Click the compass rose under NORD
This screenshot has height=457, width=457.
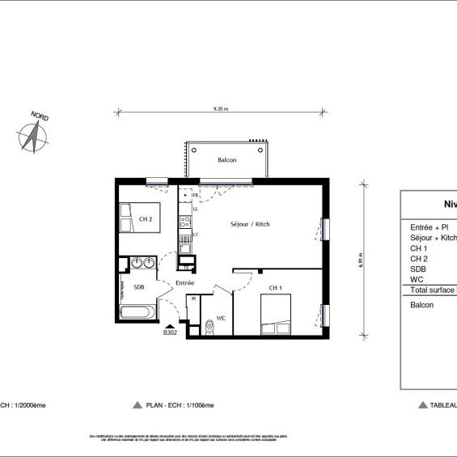(33, 138)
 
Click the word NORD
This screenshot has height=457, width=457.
(39, 117)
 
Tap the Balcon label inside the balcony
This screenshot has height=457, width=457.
(226, 161)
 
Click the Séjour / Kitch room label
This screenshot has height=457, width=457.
(250, 224)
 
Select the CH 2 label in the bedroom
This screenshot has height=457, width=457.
(146, 218)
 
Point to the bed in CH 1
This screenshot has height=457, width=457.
(275, 311)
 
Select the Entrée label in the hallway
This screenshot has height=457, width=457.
(184, 283)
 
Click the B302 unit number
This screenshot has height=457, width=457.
(170, 332)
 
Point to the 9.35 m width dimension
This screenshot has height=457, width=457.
(221, 108)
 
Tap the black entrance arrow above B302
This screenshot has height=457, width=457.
(170, 324)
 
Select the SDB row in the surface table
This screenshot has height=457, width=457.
(418, 269)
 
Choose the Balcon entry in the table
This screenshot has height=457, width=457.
(421, 305)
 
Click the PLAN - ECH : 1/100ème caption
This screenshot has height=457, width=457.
(174, 404)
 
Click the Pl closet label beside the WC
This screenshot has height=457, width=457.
(193, 299)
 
